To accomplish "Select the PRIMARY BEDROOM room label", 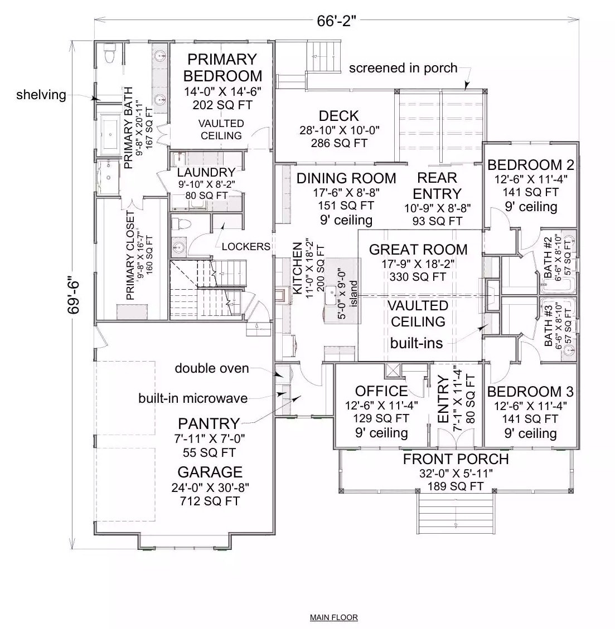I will pyautogui.click(x=222, y=67).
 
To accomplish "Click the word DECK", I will pyautogui.click(x=338, y=116).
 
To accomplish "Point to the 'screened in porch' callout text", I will pyautogui.click(x=403, y=68).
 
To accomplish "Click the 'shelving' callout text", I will pyautogui.click(x=41, y=95).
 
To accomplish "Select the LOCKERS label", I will pyautogui.click(x=246, y=246).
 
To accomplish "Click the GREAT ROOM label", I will pyautogui.click(x=418, y=250).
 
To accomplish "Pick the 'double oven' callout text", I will pyautogui.click(x=212, y=368).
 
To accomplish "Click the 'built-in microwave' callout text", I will pyautogui.click(x=193, y=398).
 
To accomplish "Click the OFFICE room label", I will pyautogui.click(x=381, y=392).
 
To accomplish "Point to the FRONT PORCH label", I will pyautogui.click(x=456, y=459).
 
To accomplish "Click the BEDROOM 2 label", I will pyautogui.click(x=530, y=165).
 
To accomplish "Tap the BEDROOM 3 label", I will pyautogui.click(x=530, y=392).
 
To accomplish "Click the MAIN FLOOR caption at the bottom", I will pyautogui.click(x=333, y=617).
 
